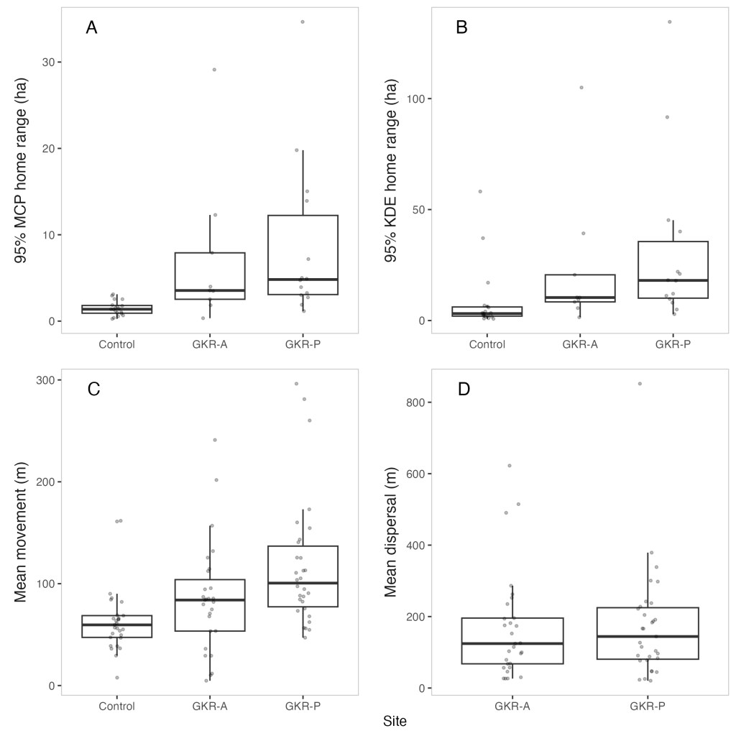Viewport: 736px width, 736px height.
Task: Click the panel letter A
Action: point(91,28)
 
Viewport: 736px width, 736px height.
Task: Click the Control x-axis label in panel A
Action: point(117,344)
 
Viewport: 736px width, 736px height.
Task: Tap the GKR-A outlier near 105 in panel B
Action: point(581,88)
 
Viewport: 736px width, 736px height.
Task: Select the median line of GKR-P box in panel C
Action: point(303,583)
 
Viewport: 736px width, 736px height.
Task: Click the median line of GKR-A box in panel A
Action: point(210,290)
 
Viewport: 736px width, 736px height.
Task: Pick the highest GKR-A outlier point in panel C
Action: point(215,440)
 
